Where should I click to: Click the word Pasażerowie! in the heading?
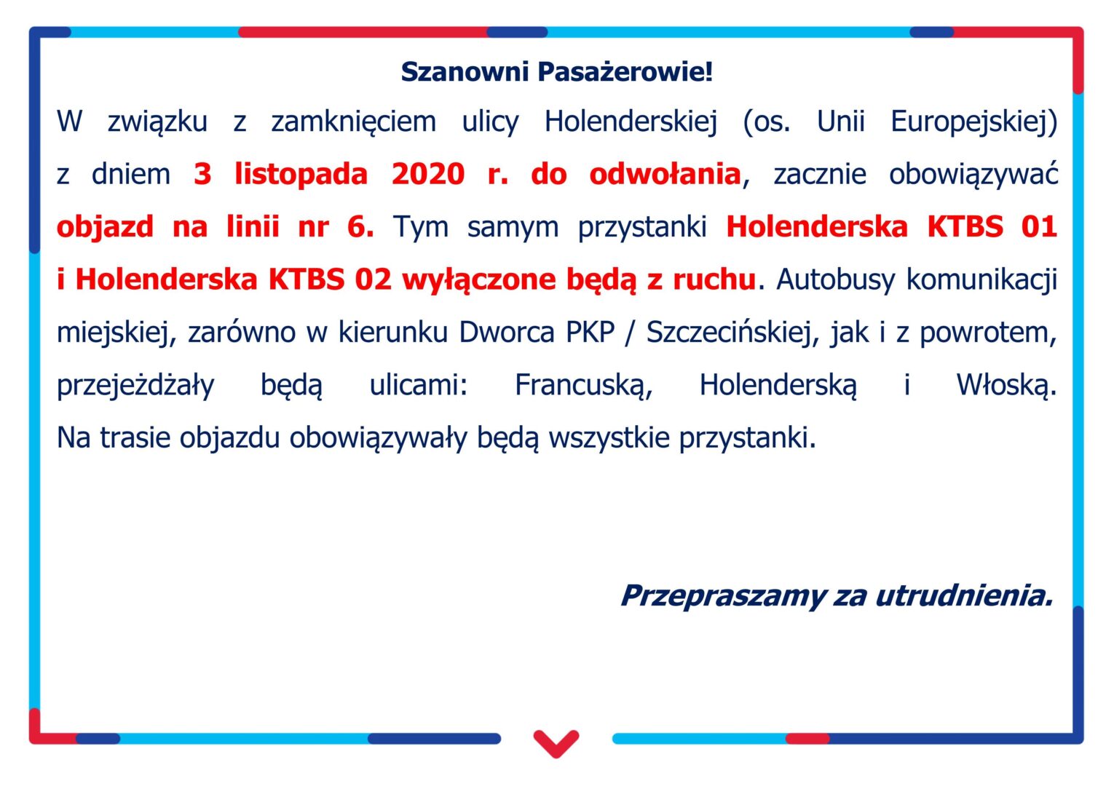(625, 72)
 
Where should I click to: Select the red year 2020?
(427, 174)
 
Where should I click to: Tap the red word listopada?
(301, 174)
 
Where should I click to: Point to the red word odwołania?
(665, 174)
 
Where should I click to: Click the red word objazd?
(105, 228)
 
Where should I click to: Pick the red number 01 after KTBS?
(1039, 227)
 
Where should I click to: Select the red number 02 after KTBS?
(373, 279)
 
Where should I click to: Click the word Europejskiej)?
(973, 122)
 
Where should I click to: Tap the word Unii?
(841, 121)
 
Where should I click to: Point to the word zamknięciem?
(354, 122)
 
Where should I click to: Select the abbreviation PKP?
(590, 333)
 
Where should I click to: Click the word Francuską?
(584, 386)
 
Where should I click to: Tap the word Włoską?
(1006, 385)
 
